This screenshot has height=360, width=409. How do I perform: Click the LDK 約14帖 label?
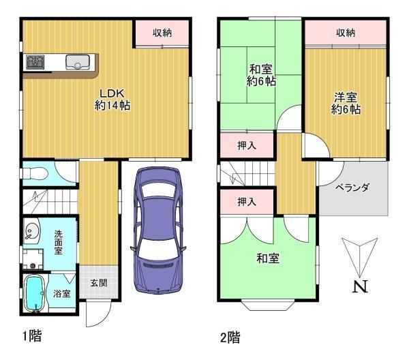coord(112,100)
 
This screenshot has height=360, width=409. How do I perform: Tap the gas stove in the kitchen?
coord(35,62)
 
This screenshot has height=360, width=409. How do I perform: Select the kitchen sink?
coord(78,62)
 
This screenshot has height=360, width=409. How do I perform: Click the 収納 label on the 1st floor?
coord(162,33)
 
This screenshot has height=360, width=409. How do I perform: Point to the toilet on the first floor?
coord(35,173)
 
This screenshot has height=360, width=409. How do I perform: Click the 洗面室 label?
coord(59,242)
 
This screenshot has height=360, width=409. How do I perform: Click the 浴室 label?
coord(62,294)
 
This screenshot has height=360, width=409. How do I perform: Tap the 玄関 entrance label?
coord(99,283)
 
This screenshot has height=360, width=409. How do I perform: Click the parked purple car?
coord(158,230)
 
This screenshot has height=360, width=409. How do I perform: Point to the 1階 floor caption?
coord(32,335)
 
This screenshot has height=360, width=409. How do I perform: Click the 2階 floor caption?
coord(230,337)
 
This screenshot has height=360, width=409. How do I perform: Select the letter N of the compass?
coord(360,286)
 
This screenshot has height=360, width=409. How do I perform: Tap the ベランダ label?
coord(352,187)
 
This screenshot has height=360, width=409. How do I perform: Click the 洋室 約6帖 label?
coord(346,104)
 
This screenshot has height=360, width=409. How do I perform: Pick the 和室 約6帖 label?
coord(261,76)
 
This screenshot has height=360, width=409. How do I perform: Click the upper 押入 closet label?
coord(247,145)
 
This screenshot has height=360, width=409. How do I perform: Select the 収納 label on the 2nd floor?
coord(346,33)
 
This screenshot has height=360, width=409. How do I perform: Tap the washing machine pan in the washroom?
coord(33,259)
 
